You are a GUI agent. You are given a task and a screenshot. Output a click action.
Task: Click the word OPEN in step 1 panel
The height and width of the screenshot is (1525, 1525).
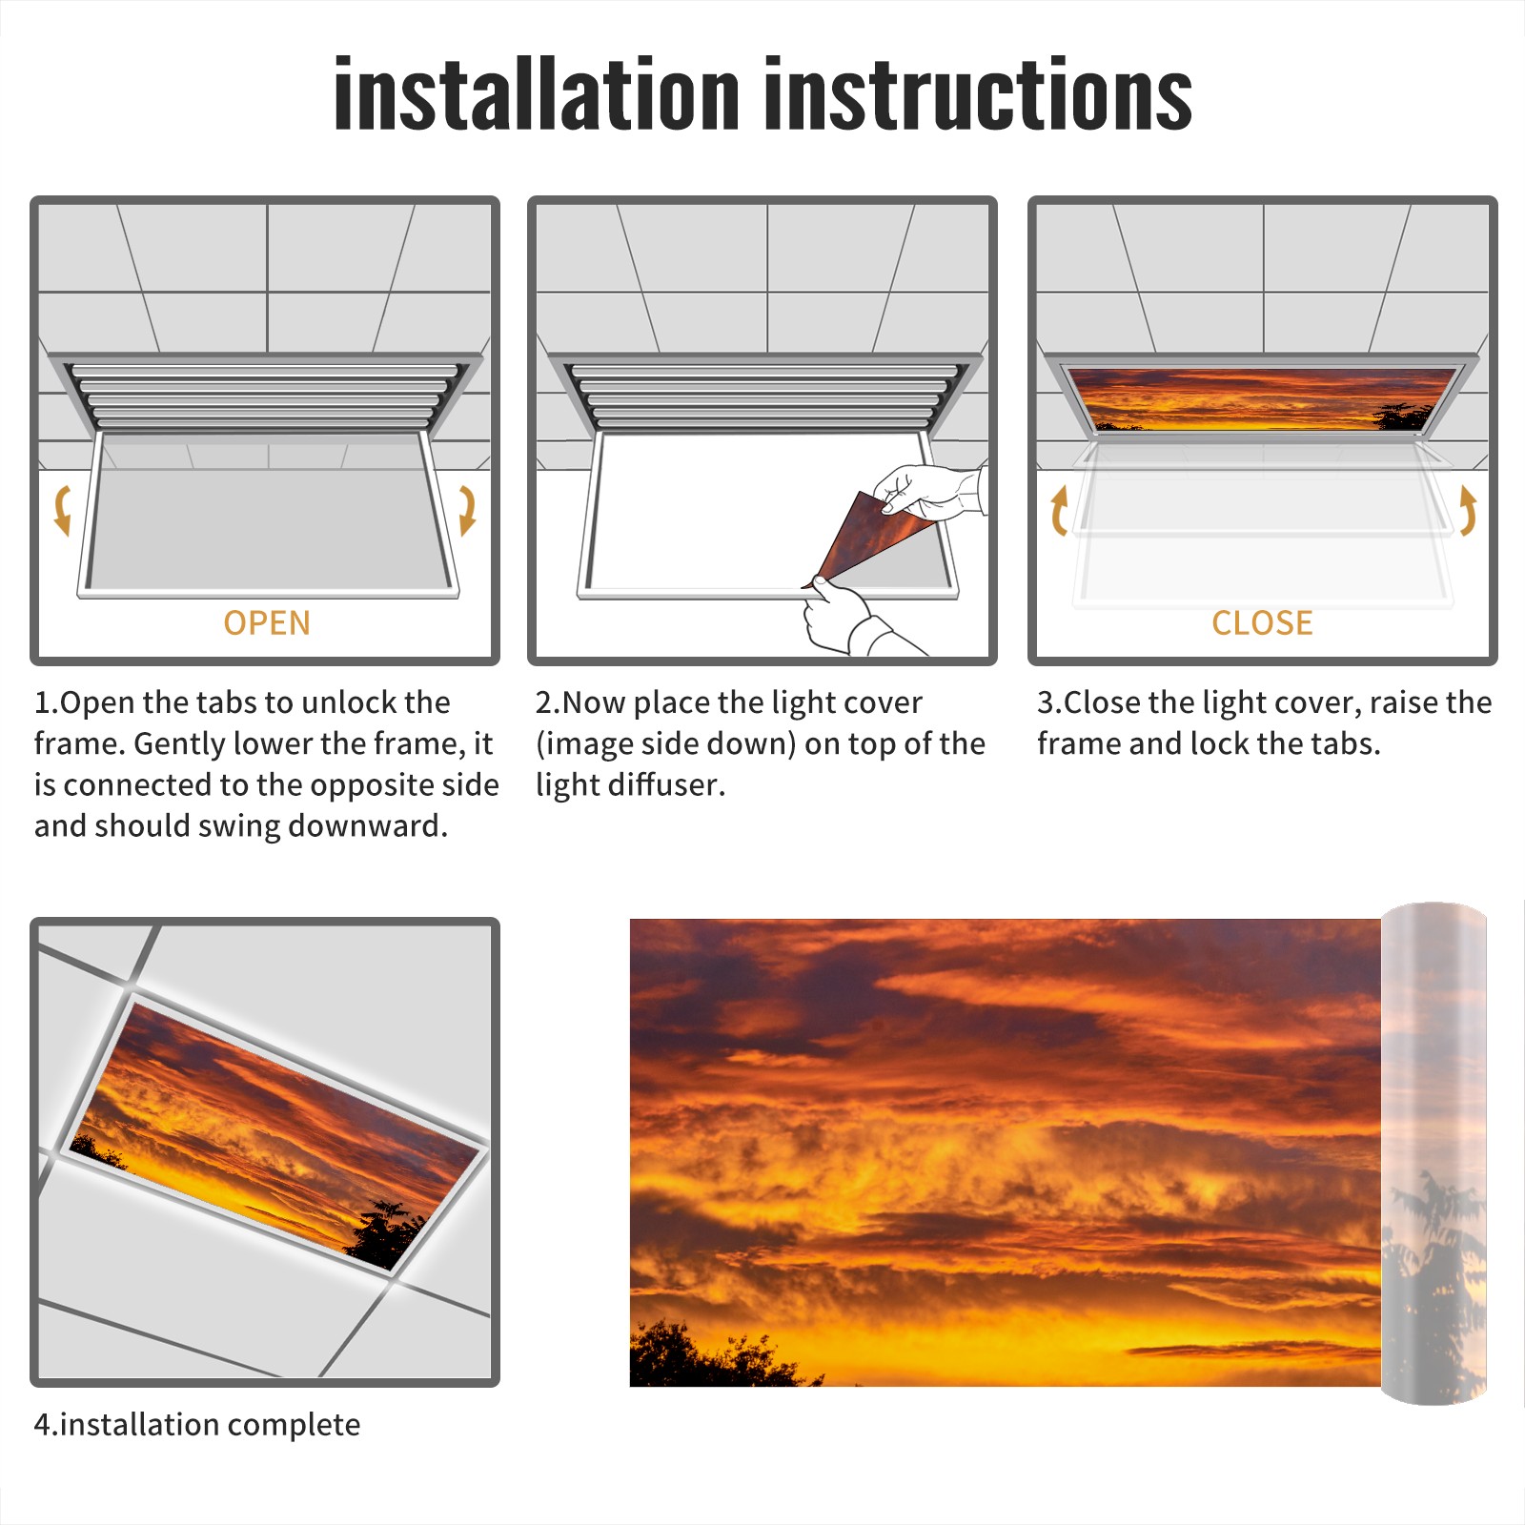267,622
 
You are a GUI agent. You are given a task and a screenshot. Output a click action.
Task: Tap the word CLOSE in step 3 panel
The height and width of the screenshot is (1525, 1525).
1262,622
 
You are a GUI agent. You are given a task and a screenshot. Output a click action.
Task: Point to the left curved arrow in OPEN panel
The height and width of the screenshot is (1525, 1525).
61,510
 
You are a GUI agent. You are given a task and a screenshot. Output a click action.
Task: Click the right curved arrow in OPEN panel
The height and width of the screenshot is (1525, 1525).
467,510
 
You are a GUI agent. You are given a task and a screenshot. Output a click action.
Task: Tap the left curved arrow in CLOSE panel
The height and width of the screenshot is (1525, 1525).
1058,510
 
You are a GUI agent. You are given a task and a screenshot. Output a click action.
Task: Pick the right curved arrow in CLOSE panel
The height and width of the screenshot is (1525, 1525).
1468,510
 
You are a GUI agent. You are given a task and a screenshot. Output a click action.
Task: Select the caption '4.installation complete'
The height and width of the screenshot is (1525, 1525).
197,1424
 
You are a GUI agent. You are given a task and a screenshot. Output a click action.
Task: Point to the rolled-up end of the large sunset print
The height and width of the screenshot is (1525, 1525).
1433,1153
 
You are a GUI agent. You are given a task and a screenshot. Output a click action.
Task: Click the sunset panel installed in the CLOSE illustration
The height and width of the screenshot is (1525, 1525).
1262,398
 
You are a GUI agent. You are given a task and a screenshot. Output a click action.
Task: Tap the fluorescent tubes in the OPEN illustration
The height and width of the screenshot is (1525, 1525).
267,396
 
